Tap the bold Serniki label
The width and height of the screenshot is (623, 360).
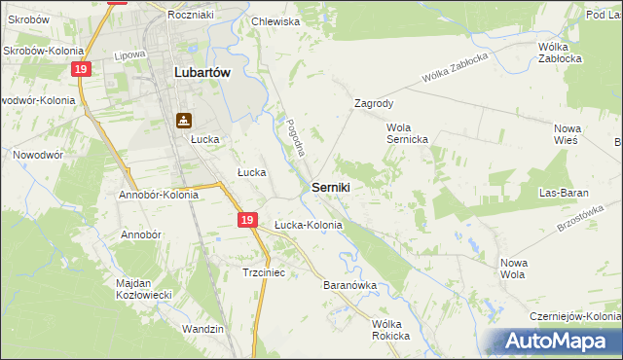pyautogui.click(x=331, y=186)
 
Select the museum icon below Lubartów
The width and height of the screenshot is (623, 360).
pyautogui.click(x=183, y=121)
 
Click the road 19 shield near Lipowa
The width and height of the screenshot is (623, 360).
pyautogui.click(x=81, y=69)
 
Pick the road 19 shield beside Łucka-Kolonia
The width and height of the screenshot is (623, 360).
pyautogui.click(x=248, y=222)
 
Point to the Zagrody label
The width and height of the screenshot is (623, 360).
pyautogui.click(x=374, y=102)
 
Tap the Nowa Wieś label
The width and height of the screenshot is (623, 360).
pyautogui.click(x=566, y=134)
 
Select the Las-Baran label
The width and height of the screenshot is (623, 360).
pyautogui.click(x=567, y=193)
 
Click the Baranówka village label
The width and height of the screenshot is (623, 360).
pyautogui.click(x=349, y=286)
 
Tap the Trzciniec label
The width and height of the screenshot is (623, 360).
pyautogui.click(x=263, y=273)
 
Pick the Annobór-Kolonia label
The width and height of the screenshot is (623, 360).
pyautogui.click(x=159, y=195)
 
